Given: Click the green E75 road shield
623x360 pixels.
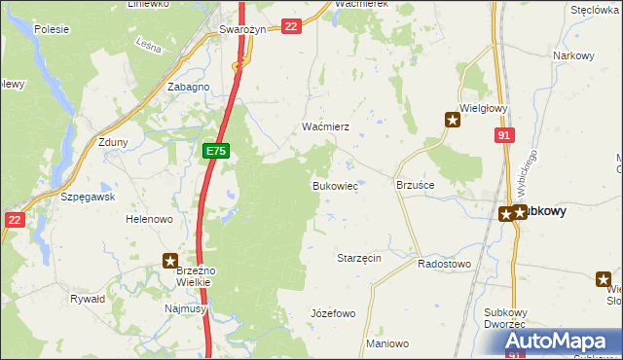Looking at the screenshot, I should (x=216, y=152).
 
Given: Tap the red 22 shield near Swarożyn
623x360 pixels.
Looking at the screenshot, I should (x=290, y=27).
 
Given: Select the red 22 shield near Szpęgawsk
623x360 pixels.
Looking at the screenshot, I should (x=13, y=221).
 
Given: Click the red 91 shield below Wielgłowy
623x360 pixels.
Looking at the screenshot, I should (x=503, y=137).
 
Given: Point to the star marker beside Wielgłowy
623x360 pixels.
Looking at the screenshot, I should (x=453, y=121).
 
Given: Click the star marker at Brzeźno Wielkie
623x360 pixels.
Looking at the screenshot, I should (x=170, y=261).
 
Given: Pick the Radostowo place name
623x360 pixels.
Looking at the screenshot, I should (x=444, y=264).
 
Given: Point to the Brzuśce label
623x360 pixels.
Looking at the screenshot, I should (x=415, y=184).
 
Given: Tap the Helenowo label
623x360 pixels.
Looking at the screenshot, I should (x=149, y=220).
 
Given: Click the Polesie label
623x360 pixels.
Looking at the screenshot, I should (x=51, y=29).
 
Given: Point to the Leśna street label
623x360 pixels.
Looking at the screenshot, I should (x=148, y=44).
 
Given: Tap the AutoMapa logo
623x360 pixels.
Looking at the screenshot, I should (x=562, y=342).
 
